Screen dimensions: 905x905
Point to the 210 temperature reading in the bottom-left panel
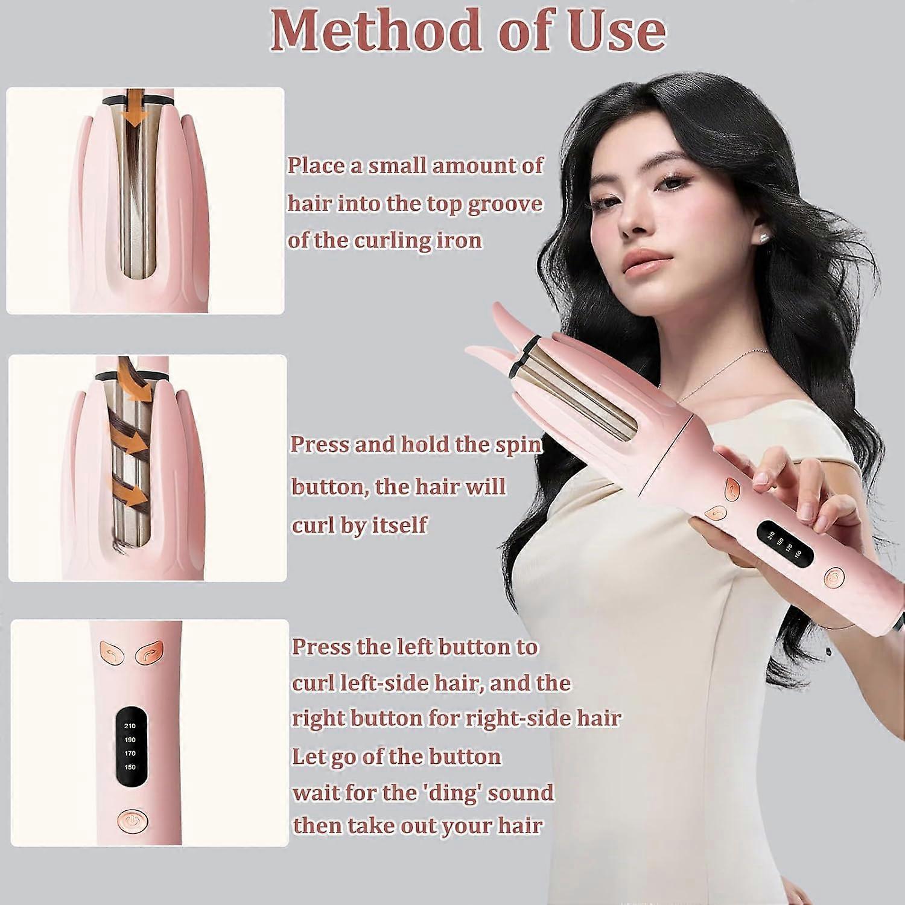tap(130, 726)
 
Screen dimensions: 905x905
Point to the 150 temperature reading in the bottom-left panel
tap(130, 767)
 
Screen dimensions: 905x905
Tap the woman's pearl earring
tap(765, 237)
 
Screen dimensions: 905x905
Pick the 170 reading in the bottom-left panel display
tap(130, 754)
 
